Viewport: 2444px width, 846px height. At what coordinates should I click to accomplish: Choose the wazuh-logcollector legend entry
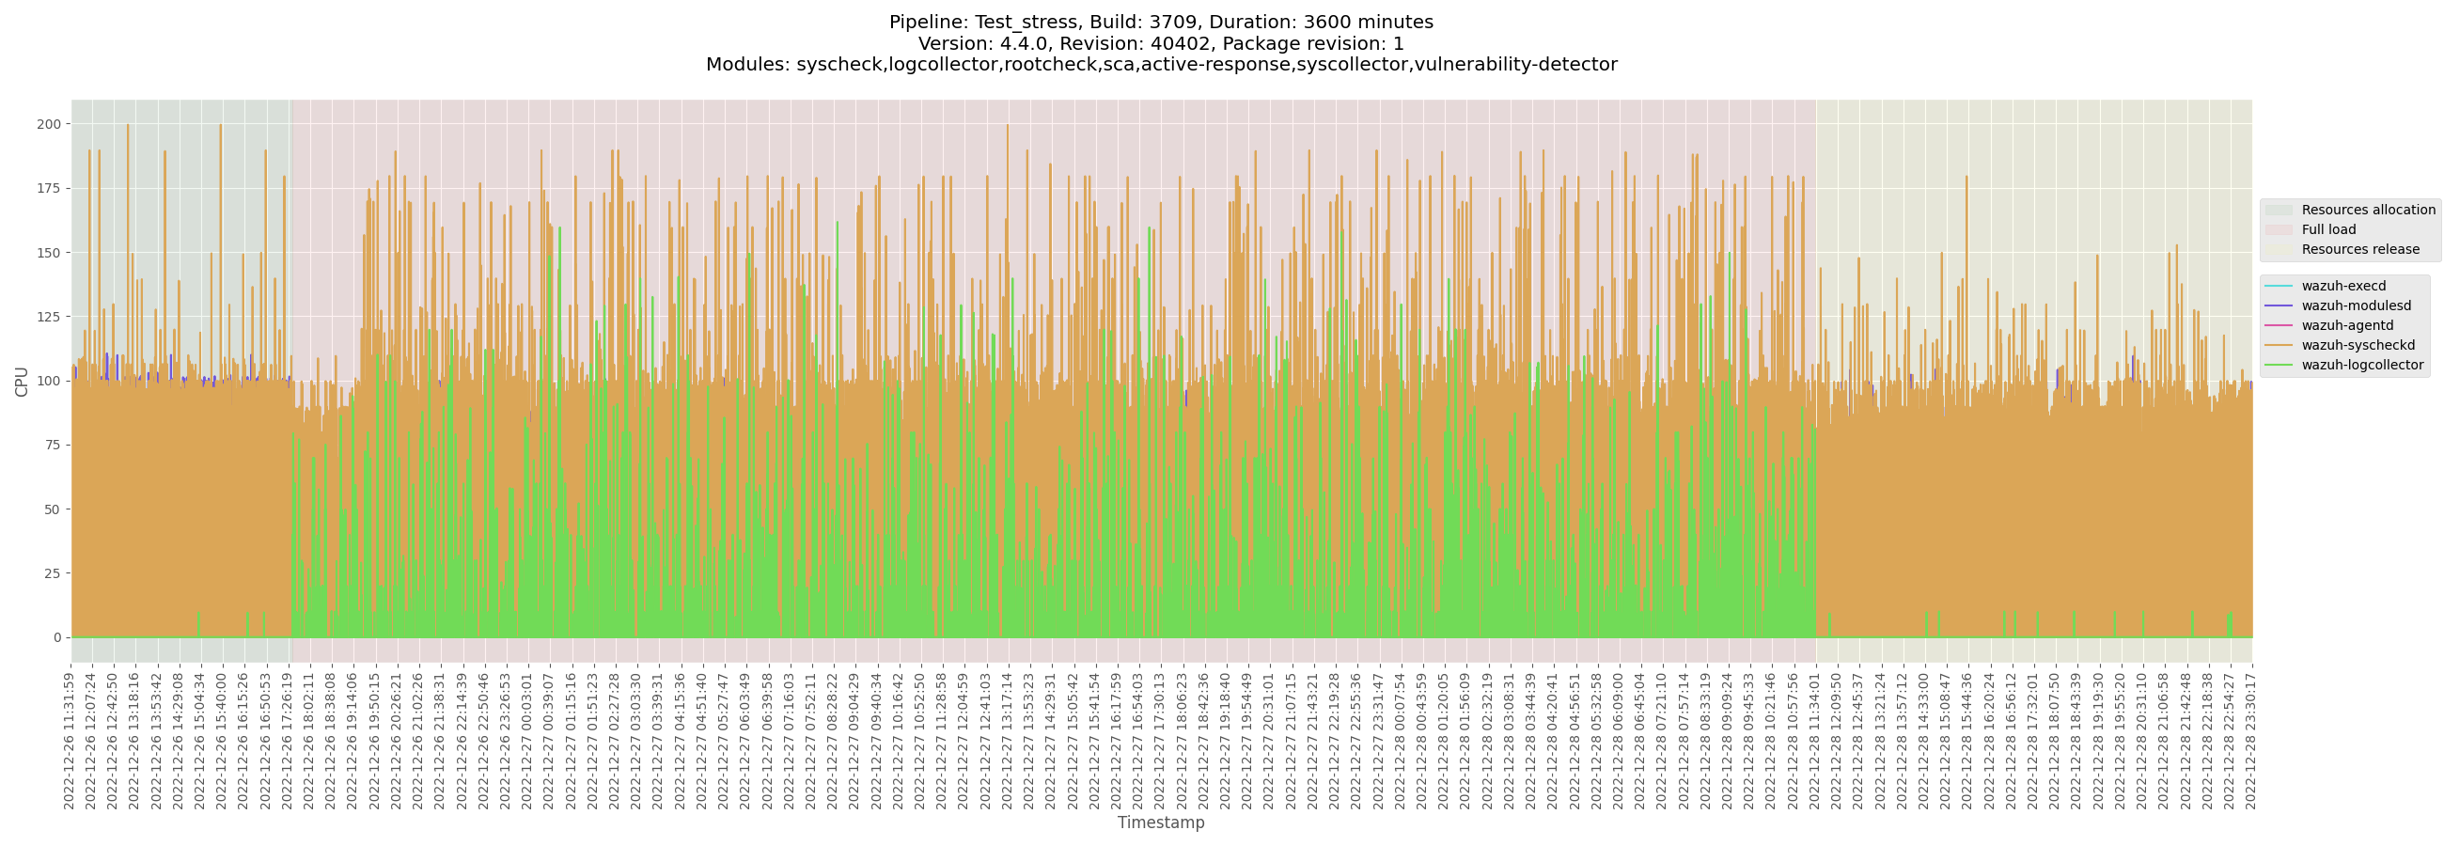tap(2361, 365)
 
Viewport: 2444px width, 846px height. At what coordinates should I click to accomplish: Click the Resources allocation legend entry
tap(2367, 210)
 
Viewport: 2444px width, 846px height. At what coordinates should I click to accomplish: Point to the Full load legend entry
tap(2328, 229)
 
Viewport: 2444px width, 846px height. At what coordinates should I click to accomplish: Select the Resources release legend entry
tap(2359, 249)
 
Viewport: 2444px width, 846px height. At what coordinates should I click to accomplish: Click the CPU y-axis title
tap(22, 382)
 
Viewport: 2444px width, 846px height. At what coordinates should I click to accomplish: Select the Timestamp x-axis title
tap(1160, 822)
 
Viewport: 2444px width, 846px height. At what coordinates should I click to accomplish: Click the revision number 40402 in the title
tap(1178, 43)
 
